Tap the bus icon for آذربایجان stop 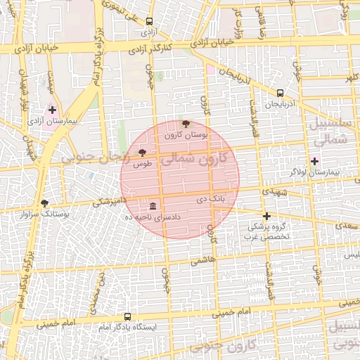click(x=281, y=93)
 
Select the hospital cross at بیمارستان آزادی click(x=52, y=110)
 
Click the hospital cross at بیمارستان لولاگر click(x=314, y=161)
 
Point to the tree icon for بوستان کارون click(x=186, y=124)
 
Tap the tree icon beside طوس click(x=142, y=152)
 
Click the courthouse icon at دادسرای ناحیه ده click(x=153, y=206)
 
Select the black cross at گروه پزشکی click(x=266, y=216)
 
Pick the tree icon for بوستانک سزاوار click(x=45, y=202)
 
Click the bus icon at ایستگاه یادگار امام click(x=127, y=316)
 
